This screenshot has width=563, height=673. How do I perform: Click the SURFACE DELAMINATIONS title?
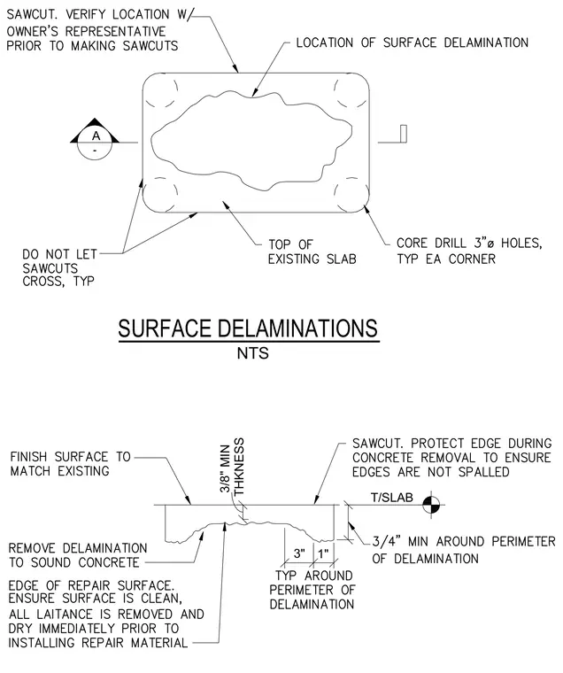(x=248, y=329)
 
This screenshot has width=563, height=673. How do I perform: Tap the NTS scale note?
(x=253, y=353)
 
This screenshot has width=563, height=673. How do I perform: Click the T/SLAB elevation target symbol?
(x=431, y=505)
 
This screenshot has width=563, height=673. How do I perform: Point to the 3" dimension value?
(x=299, y=553)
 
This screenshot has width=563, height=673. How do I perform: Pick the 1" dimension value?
(x=323, y=553)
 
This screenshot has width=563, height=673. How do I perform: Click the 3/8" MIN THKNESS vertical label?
(x=232, y=466)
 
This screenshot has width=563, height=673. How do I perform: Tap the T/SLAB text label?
(x=392, y=498)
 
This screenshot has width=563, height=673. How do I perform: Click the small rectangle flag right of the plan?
(x=403, y=133)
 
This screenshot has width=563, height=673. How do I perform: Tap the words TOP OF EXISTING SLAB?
(x=312, y=252)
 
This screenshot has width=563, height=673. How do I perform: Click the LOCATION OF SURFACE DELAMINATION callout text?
(x=413, y=43)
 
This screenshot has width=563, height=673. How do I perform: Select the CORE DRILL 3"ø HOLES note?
(x=469, y=251)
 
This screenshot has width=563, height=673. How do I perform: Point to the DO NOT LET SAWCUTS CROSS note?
(x=59, y=267)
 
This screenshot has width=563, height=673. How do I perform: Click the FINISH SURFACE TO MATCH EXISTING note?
(x=71, y=464)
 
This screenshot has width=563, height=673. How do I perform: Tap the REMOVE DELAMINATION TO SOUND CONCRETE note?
(x=78, y=555)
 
